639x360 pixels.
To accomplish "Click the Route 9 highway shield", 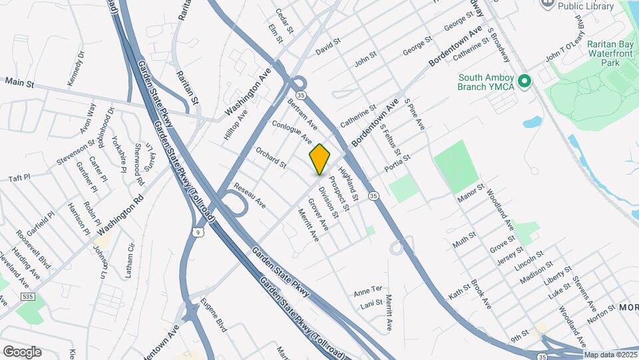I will [199, 232].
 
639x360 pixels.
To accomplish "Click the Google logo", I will [22, 351].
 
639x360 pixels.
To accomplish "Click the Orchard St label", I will [271, 157].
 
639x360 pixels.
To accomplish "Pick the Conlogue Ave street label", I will [292, 131].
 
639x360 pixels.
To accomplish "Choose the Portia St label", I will [397, 165].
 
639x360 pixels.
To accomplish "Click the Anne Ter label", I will [368, 290].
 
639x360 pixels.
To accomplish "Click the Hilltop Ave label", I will [236, 125].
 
